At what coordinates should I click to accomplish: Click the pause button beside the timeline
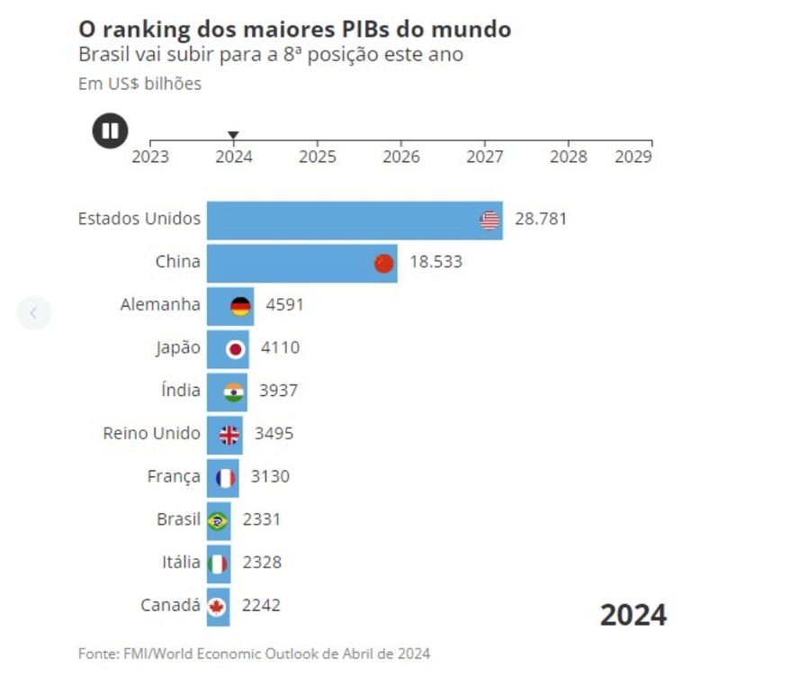pyautogui.click(x=111, y=131)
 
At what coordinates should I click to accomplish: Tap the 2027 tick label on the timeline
pyautogui.click(x=485, y=157)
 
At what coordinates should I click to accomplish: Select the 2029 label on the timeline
pyautogui.click(x=633, y=157)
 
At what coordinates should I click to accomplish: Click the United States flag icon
pyautogui.click(x=489, y=221)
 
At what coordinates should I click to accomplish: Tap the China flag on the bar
pyautogui.click(x=384, y=263)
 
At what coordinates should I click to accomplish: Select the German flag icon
pyautogui.click(x=240, y=306)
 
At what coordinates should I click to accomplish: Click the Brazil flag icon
pyautogui.click(x=218, y=521)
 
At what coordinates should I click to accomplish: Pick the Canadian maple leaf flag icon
pyautogui.click(x=217, y=607)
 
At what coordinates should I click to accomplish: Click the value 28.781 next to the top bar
pyautogui.click(x=541, y=219)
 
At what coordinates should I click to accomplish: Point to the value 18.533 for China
pyautogui.click(x=435, y=262)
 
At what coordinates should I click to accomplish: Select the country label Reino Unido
pyautogui.click(x=151, y=434)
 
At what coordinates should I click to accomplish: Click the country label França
pyautogui.click(x=174, y=477)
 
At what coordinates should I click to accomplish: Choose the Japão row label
pyautogui.click(x=177, y=347)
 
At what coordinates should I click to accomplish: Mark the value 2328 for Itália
pyautogui.click(x=262, y=563)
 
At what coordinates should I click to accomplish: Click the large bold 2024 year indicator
pyautogui.click(x=633, y=615)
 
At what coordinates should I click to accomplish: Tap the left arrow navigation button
pyautogui.click(x=34, y=313)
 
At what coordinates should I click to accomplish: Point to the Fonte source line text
pyautogui.click(x=254, y=653)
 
